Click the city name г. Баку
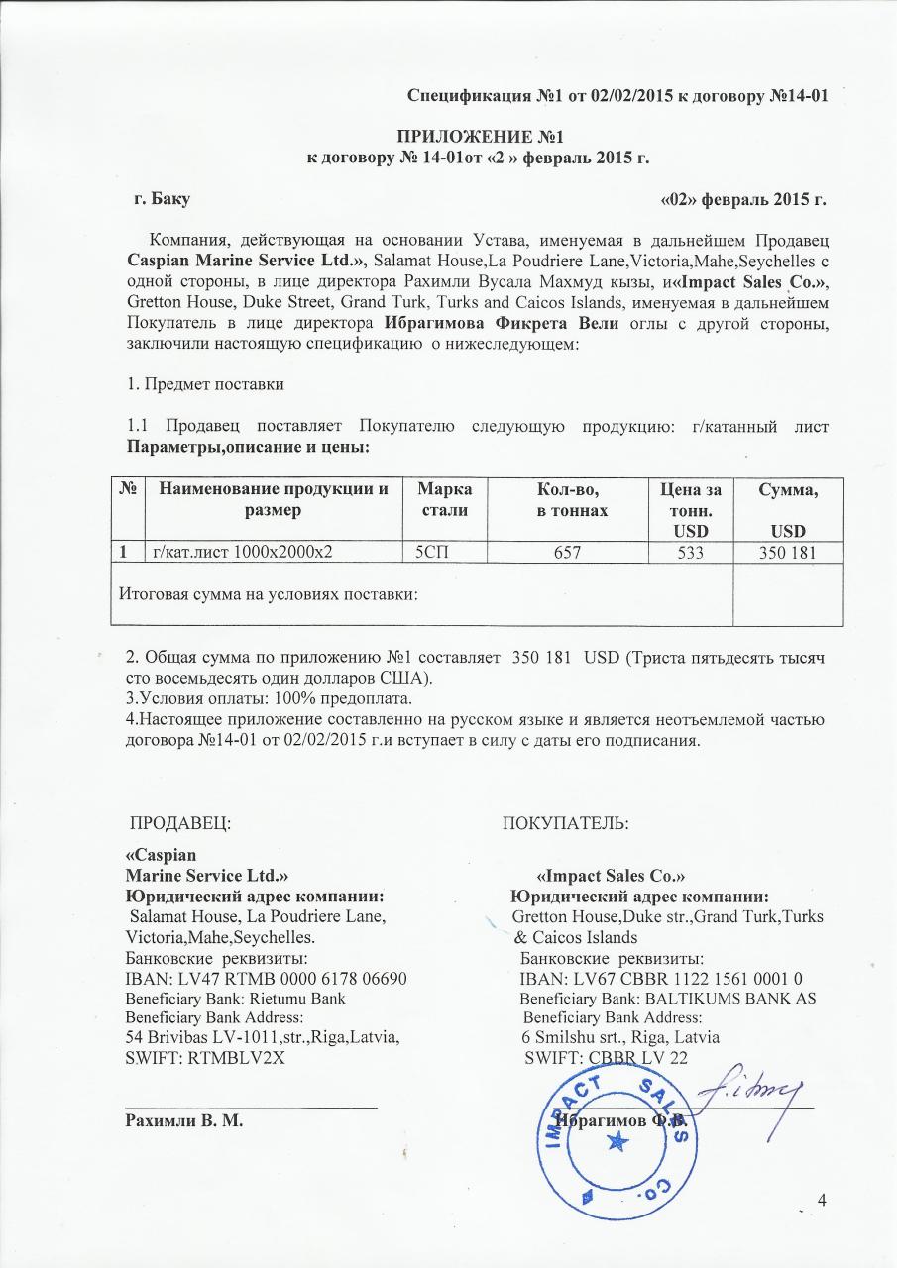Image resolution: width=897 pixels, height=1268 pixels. [x=163, y=200]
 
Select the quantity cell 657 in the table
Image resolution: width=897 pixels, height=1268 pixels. [x=571, y=552]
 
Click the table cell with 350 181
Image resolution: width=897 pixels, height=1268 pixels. [x=787, y=552]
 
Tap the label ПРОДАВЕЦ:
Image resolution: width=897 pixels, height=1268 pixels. [x=181, y=822]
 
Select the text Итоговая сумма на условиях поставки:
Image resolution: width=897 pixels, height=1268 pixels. [x=268, y=594]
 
